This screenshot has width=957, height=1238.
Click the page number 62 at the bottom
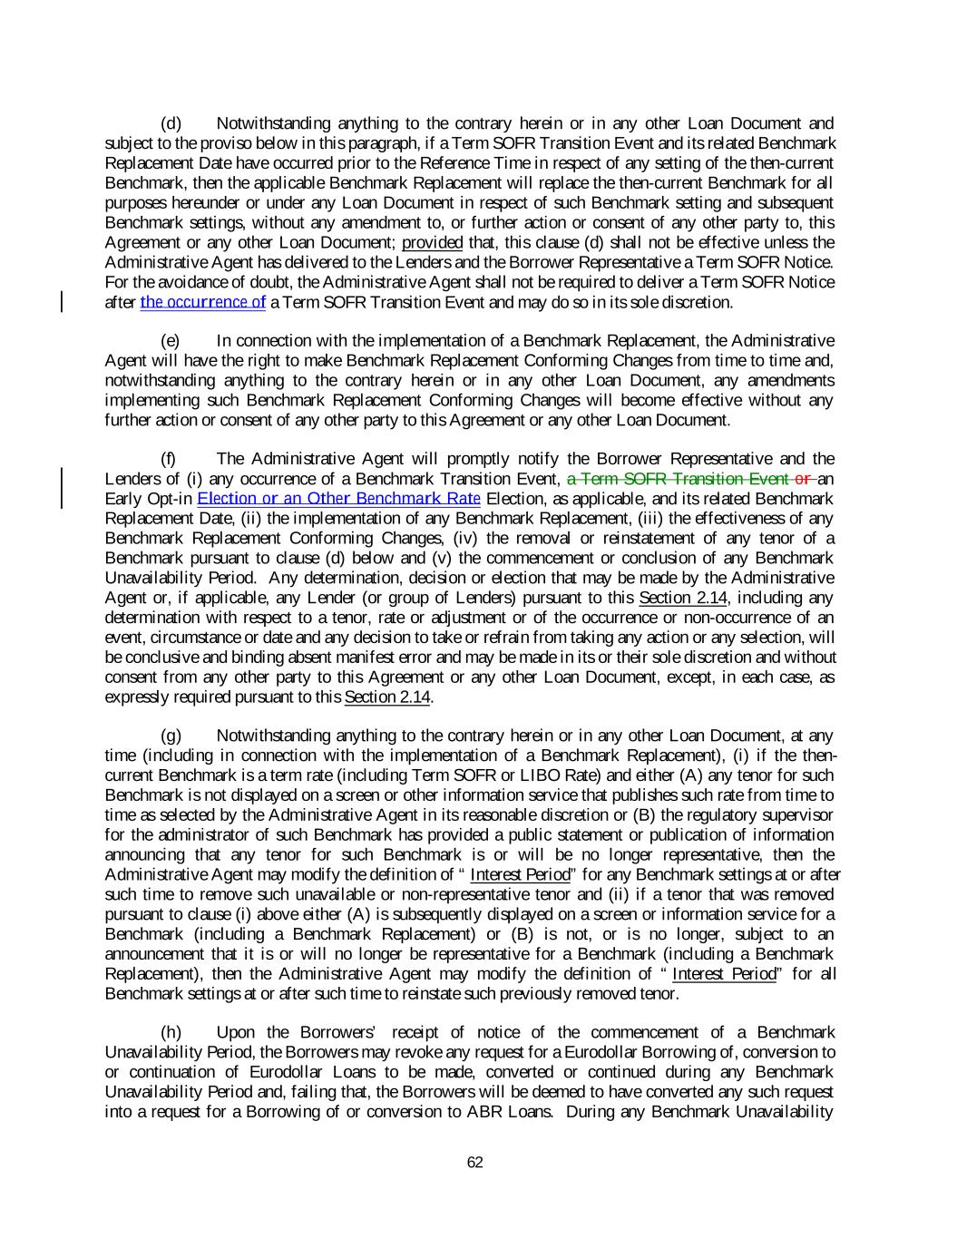[x=474, y=1162]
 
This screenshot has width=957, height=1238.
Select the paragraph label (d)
[x=171, y=123]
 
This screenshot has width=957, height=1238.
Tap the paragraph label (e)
[x=171, y=341]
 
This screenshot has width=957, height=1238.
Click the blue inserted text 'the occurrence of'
[x=203, y=302]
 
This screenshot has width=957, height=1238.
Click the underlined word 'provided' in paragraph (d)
[x=433, y=242]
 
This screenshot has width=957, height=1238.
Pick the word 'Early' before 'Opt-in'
[x=122, y=499]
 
